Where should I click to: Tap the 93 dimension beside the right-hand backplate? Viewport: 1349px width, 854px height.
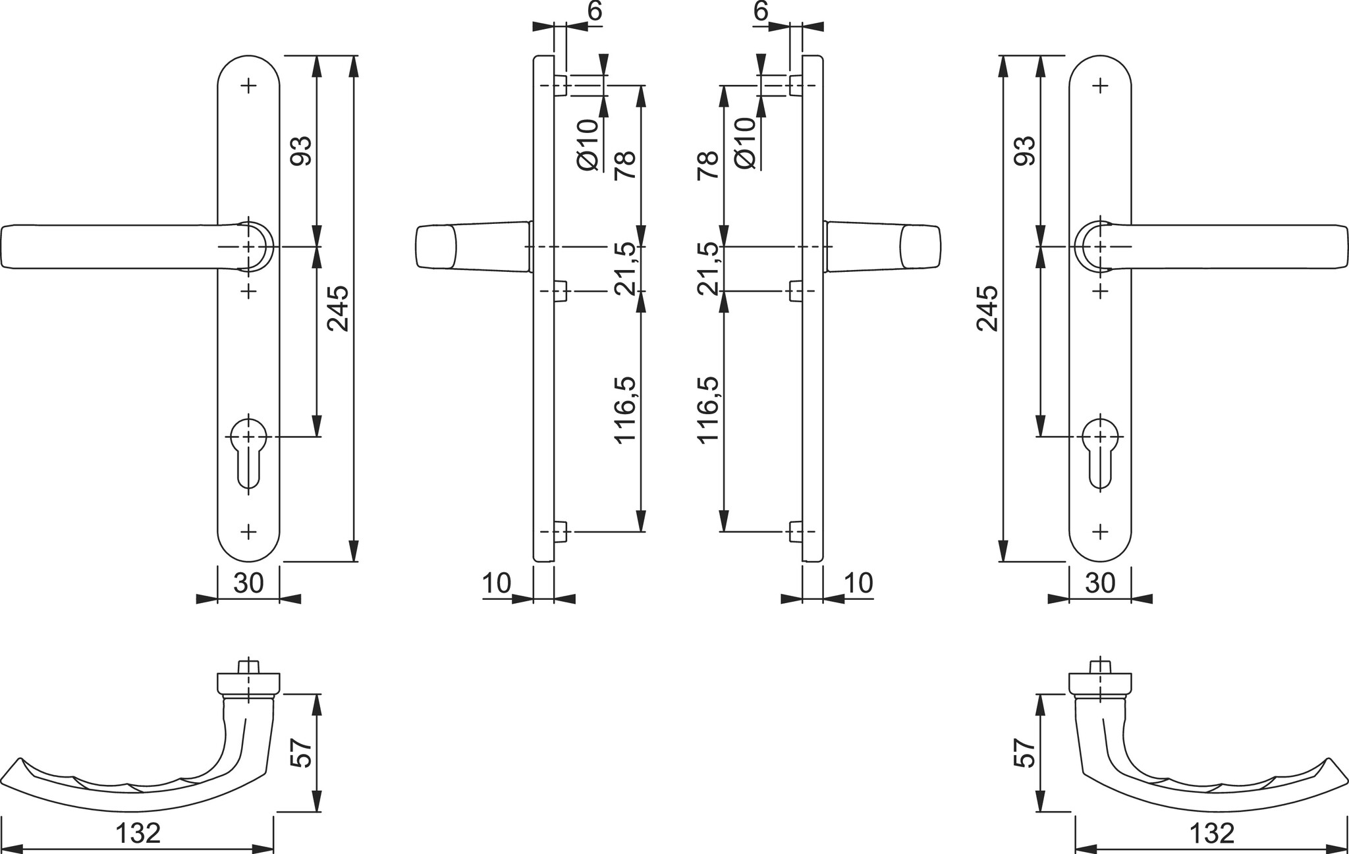click(x=1025, y=151)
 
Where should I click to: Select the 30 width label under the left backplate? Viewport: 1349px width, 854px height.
click(x=248, y=583)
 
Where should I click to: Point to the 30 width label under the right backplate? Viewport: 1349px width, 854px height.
click(x=1099, y=583)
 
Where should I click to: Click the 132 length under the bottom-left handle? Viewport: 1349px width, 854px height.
click(x=138, y=834)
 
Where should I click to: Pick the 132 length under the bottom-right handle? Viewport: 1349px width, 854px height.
click(x=1211, y=834)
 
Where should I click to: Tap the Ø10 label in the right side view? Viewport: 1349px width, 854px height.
click(x=744, y=143)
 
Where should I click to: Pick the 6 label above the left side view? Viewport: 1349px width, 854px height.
click(x=594, y=11)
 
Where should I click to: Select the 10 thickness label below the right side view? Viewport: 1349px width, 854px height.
click(x=858, y=583)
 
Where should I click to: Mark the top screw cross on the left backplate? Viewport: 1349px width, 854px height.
click(x=249, y=85)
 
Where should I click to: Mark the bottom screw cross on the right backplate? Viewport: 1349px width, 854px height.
click(x=1100, y=531)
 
